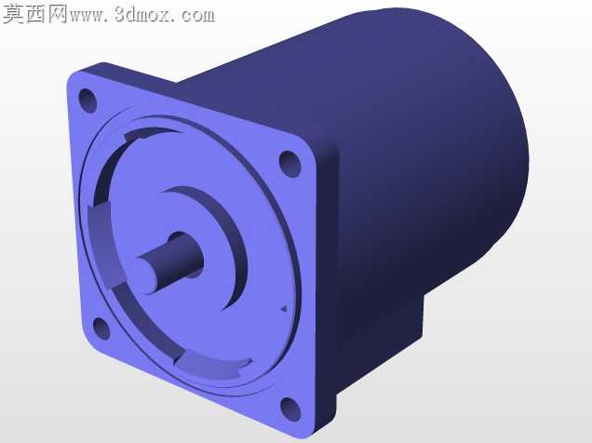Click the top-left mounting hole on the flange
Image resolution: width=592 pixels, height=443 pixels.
point(87,101)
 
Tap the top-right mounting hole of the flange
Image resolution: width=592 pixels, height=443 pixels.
point(289,164)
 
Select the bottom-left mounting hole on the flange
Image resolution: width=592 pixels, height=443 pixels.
point(101,329)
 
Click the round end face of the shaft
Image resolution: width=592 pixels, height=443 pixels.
point(144,275)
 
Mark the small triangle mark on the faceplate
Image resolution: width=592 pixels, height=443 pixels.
point(283,309)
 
